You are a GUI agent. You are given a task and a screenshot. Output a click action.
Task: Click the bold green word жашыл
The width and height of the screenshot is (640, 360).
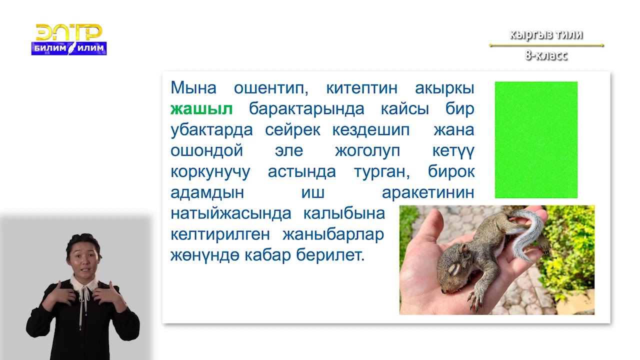[201, 109]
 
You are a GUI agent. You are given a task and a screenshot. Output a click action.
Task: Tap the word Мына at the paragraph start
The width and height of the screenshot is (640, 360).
[193, 88]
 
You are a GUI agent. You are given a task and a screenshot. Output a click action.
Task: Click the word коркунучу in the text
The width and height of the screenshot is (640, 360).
[210, 172]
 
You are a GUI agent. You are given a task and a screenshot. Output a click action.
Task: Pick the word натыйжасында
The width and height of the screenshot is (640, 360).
[230, 213]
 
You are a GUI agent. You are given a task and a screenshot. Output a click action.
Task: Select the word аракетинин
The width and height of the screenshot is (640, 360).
[427, 193]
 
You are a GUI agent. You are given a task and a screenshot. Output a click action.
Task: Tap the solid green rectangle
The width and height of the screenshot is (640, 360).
[536, 140]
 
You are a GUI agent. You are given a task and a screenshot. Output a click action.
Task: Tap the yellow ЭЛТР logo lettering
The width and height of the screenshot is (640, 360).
[69, 32]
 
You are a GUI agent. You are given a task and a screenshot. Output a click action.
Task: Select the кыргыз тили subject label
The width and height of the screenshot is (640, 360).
[546, 35]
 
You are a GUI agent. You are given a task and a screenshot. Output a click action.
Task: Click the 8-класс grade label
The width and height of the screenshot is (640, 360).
[546, 55]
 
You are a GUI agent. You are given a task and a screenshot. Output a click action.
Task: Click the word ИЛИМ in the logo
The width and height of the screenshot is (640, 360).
[91, 48]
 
